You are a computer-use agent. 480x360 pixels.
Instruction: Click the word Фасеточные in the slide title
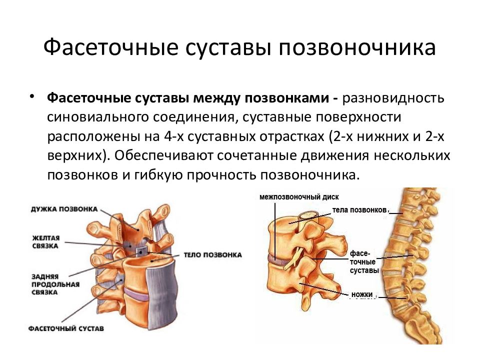(111, 47)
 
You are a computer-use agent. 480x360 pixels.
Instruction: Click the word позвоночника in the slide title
(357, 47)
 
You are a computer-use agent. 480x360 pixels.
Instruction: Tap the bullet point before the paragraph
(31, 96)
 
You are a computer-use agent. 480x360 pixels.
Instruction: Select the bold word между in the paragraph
(217, 98)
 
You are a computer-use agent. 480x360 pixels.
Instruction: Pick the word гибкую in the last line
(158, 175)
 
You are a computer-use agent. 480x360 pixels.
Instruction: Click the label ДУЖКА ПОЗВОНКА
(64, 209)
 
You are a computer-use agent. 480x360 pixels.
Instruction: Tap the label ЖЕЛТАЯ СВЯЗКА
(45, 242)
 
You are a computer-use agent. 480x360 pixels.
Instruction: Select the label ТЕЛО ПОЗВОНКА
(213, 254)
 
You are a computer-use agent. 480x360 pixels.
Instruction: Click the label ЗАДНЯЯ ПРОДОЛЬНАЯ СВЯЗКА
(55, 284)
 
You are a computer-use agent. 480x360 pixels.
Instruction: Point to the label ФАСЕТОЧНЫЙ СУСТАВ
(66, 328)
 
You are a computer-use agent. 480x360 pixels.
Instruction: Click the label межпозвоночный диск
(299, 197)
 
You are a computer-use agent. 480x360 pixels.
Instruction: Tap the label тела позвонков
(359, 210)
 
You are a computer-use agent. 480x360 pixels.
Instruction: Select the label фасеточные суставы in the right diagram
(364, 262)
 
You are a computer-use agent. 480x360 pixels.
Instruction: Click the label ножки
(362, 294)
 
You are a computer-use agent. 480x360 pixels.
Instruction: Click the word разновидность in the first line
(393, 98)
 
